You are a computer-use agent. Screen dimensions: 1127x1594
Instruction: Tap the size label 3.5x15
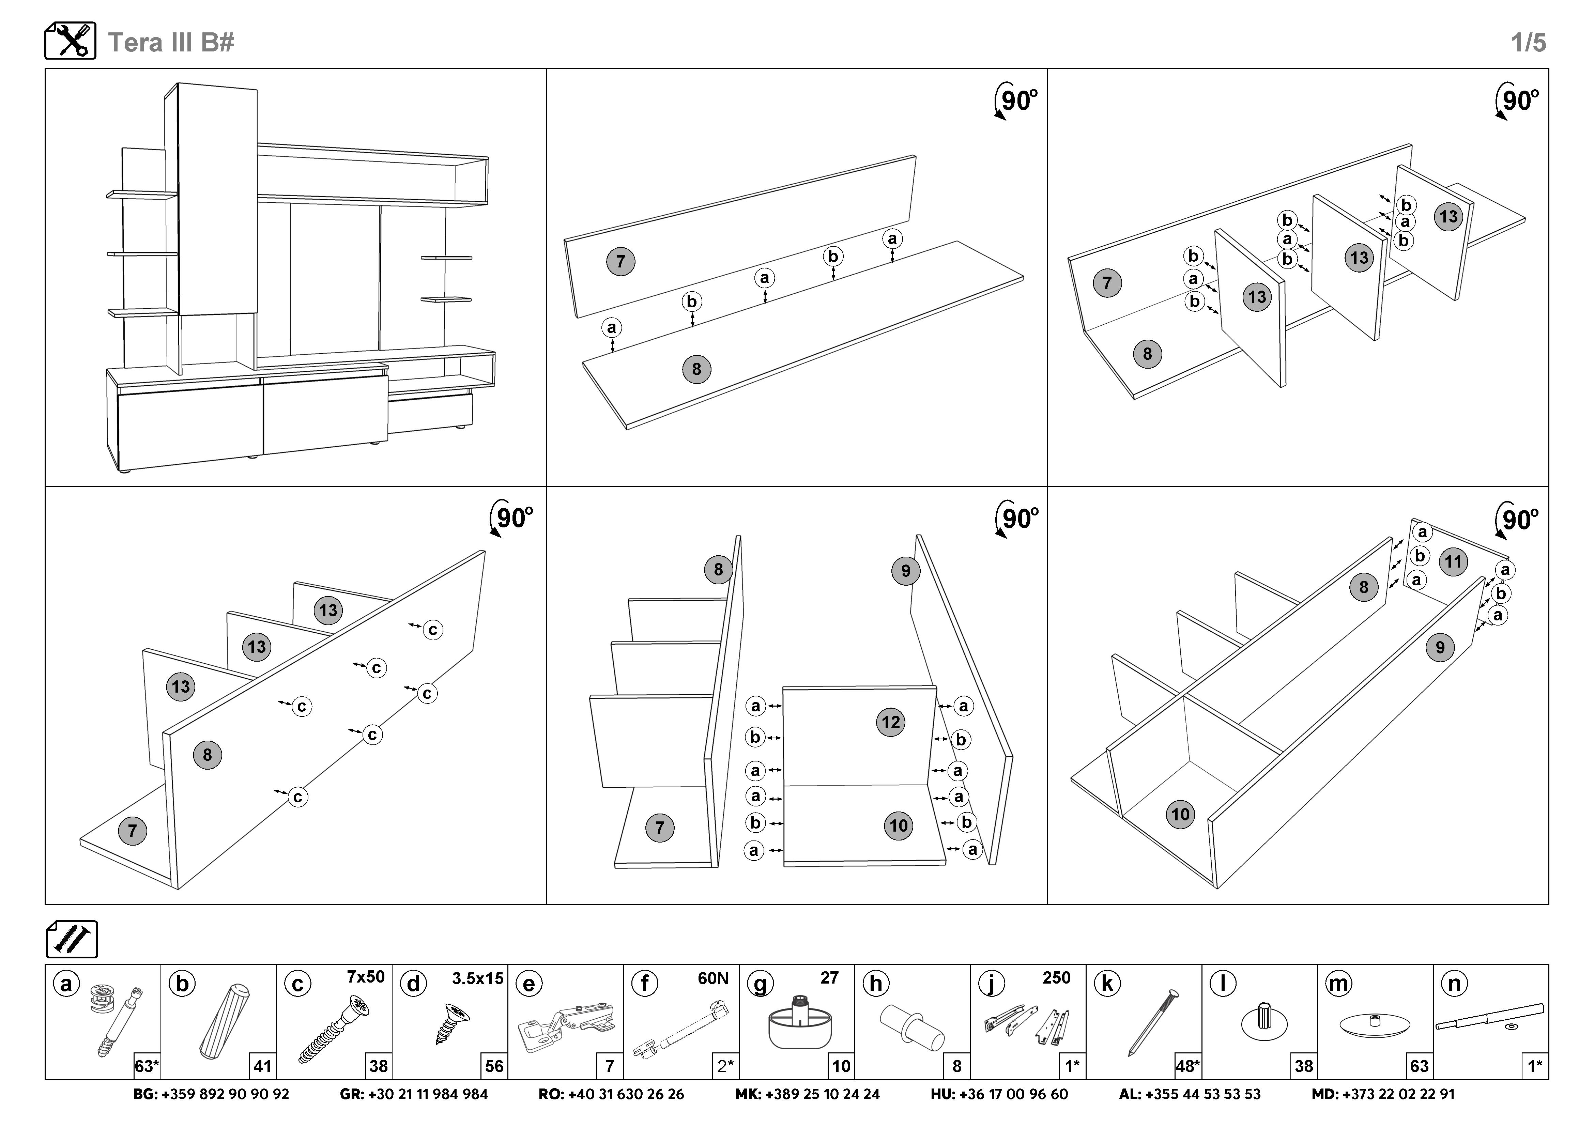(478, 978)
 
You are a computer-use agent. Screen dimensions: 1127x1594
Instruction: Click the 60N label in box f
(713, 978)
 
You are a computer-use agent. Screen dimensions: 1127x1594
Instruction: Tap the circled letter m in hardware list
(1338, 984)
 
